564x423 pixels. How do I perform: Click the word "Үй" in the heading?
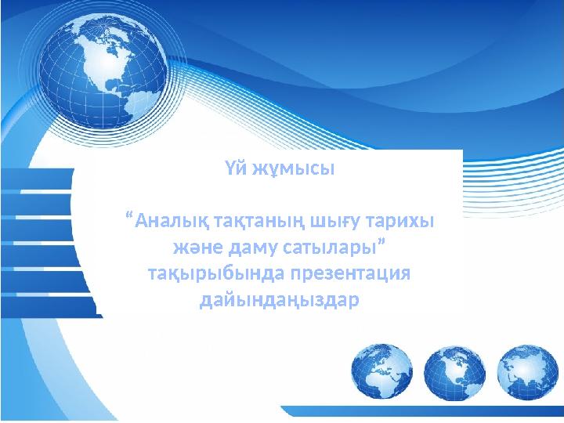[236, 169]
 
